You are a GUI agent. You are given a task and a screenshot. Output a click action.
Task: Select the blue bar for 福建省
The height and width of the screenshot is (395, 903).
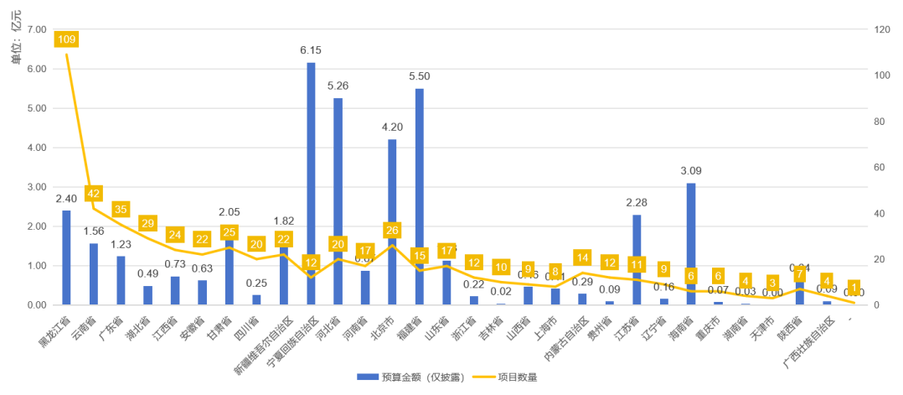tap(420, 193)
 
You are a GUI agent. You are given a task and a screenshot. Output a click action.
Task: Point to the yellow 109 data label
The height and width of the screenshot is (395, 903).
tap(66, 39)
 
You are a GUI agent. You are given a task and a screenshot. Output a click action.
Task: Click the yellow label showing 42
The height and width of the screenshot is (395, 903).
tap(94, 194)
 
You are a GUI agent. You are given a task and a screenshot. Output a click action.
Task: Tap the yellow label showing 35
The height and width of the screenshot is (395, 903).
tap(121, 209)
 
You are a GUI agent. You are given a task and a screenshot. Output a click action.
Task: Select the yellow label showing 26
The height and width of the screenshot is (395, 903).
tap(392, 230)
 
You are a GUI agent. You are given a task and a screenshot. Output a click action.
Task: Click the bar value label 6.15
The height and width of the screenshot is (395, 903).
tap(311, 50)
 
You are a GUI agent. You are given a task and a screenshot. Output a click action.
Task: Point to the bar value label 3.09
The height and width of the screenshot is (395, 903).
tap(691, 171)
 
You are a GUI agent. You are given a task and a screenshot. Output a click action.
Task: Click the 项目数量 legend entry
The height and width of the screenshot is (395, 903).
tap(503, 377)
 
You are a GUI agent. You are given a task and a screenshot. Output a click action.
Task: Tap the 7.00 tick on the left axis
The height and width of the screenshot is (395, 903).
tap(36, 29)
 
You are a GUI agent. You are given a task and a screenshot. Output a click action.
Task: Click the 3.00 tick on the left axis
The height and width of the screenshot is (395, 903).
tap(36, 187)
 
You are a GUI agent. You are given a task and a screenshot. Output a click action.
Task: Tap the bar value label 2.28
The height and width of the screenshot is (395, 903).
tap(637, 202)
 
